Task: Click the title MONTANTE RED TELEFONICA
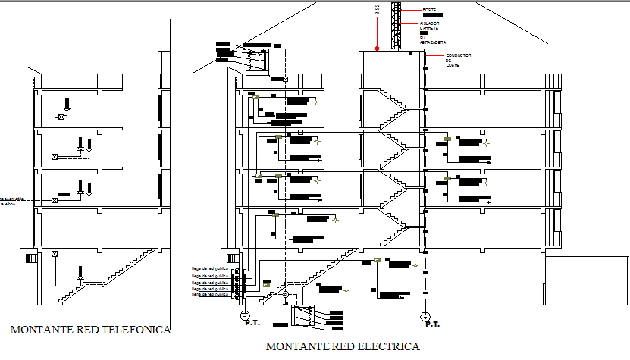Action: [x=89, y=330]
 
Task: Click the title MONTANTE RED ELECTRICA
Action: [x=343, y=346]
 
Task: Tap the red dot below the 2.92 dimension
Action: [x=377, y=49]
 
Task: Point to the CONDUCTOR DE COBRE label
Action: [x=459, y=60]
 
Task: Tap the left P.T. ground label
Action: [x=251, y=324]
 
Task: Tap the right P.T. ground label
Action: [x=432, y=324]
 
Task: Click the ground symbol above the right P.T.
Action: [x=426, y=314]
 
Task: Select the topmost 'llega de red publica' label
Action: [x=209, y=269]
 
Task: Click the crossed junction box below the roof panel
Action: [x=285, y=79]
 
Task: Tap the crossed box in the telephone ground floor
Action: [x=55, y=253]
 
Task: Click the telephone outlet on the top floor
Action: [x=67, y=105]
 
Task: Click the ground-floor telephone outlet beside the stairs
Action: [x=81, y=274]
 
